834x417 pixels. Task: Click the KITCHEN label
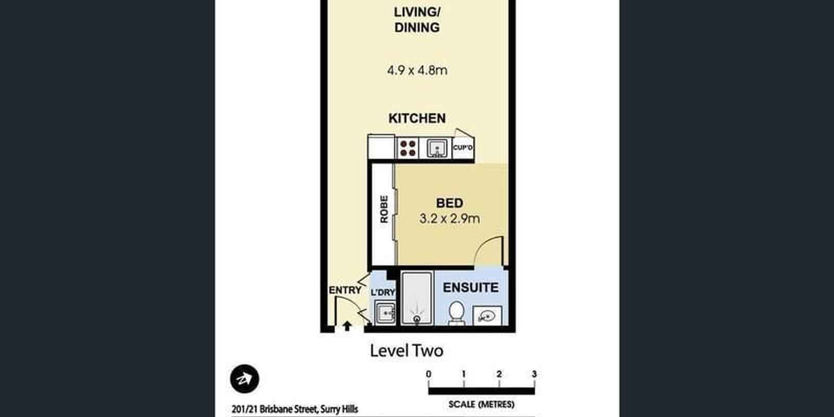(x=417, y=118)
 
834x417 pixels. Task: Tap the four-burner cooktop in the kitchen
(x=408, y=148)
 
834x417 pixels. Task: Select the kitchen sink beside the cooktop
(x=437, y=148)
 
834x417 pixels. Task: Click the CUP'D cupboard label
(x=463, y=148)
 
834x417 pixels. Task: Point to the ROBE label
(x=384, y=209)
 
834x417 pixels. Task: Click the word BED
(x=450, y=203)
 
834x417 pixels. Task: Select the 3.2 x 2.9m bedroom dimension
(x=449, y=218)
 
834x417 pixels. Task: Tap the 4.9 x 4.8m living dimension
(x=417, y=70)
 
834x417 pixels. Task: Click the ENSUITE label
(x=471, y=287)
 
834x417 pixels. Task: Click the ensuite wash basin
(x=487, y=316)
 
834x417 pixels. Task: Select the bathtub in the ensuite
(x=417, y=298)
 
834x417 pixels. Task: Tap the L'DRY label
(x=383, y=292)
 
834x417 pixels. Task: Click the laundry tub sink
(x=385, y=313)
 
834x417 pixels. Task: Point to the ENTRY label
(x=345, y=290)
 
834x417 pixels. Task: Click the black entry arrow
(x=347, y=326)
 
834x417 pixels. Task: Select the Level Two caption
(x=407, y=351)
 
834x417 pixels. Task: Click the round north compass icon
(x=244, y=379)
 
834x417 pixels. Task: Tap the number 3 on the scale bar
(x=534, y=374)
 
